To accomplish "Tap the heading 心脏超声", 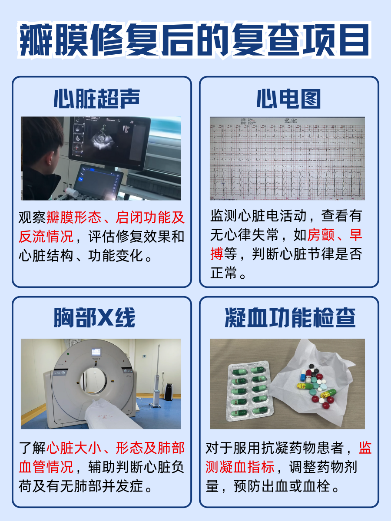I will pos(97,99).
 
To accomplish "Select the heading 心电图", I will pos(288,99).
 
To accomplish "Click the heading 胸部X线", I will pos(95,318).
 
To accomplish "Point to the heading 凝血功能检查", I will pos(290,318).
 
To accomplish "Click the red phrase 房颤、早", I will pos(335,235).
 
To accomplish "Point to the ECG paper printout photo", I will pos(287,158).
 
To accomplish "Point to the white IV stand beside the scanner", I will pos(156,378).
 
